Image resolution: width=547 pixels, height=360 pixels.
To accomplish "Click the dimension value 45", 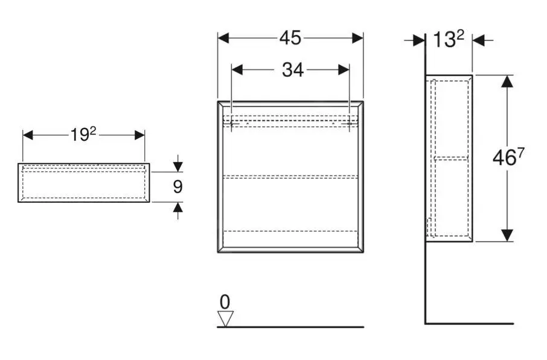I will click(x=290, y=38).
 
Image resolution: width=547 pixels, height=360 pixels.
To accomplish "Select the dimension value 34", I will click(x=293, y=70).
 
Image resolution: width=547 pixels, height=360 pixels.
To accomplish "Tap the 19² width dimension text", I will click(x=83, y=135).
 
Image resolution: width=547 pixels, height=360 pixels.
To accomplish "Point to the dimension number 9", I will click(x=178, y=187).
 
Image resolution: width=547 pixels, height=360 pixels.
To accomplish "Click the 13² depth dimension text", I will click(x=448, y=40).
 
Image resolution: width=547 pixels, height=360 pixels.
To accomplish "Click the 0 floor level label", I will click(x=225, y=301).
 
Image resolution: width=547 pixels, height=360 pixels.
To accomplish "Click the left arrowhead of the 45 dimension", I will click(x=223, y=38).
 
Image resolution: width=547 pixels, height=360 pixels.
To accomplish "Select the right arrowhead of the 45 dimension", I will click(x=357, y=38).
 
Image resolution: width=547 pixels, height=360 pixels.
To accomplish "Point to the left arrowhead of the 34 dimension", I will click(x=237, y=70).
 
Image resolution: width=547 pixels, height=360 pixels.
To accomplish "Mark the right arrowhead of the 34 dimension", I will click(x=344, y=70).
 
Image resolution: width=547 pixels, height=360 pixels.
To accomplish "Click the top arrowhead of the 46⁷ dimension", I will click(x=507, y=81).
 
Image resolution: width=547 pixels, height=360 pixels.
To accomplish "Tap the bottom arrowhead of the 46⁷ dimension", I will click(x=507, y=236).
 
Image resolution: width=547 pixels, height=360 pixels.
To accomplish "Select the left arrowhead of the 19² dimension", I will click(x=28, y=135).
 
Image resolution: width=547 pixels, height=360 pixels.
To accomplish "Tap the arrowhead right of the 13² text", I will click(x=478, y=40).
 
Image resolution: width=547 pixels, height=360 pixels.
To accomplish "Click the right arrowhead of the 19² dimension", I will click(x=139, y=135).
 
